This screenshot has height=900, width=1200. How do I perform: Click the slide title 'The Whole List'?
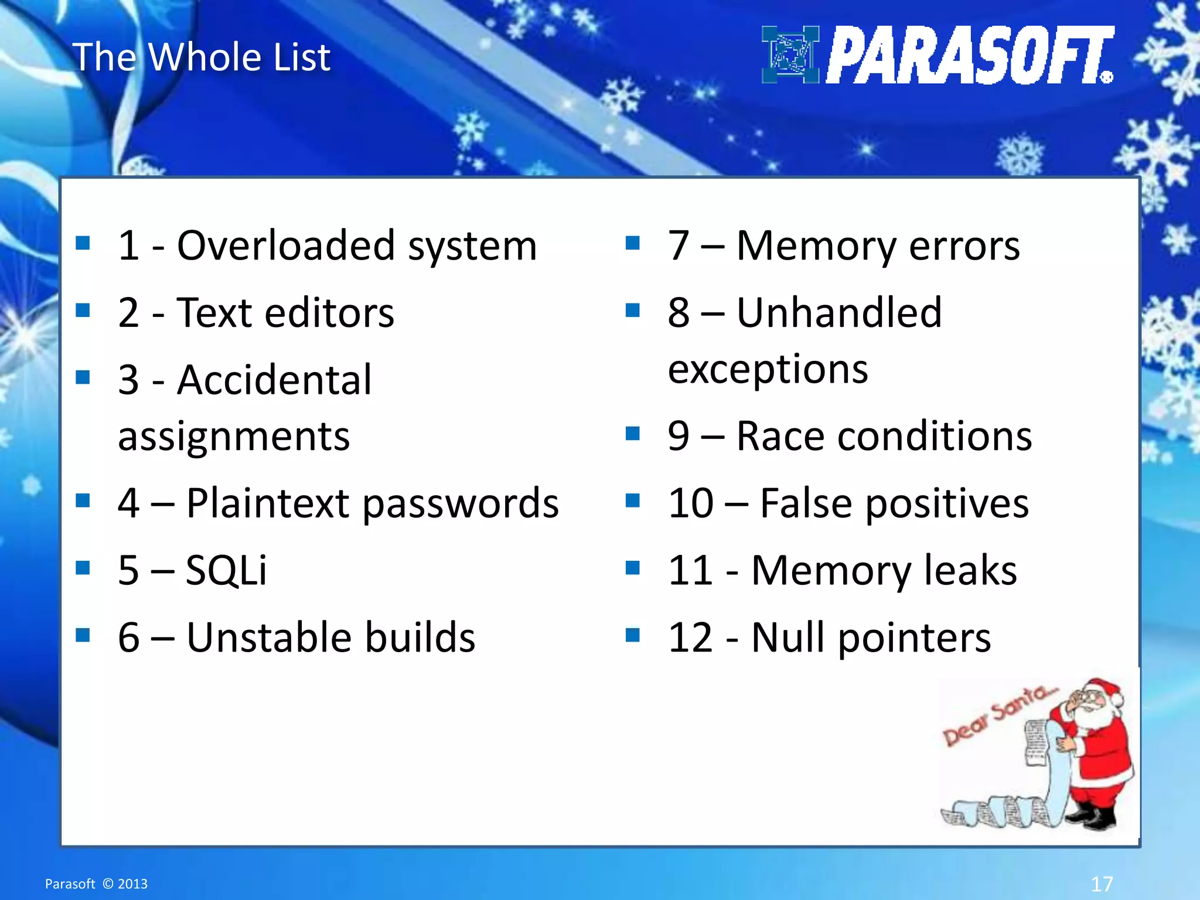pos(201,57)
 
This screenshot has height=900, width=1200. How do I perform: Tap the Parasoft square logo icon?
pos(790,54)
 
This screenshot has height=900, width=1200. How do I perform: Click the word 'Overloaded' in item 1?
pos(285,246)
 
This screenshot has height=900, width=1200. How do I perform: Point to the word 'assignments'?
pos(234,437)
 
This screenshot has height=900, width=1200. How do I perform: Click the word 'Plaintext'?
pos(268,503)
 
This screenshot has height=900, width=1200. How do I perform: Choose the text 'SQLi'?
pos(226,570)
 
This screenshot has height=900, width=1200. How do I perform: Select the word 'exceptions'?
pos(768,370)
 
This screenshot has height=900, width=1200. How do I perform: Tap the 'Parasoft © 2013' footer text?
pos(96,884)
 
